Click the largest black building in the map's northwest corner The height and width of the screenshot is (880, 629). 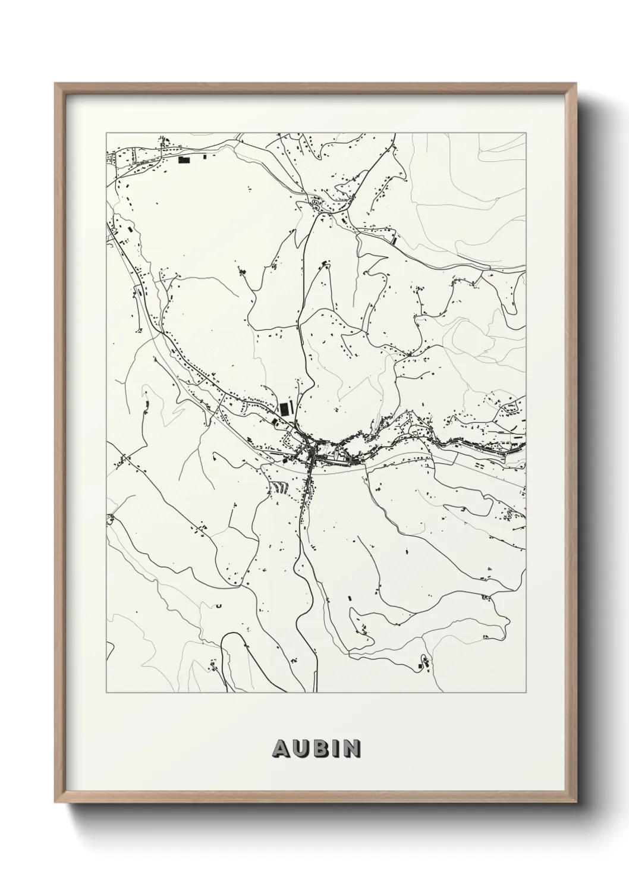pos(185,159)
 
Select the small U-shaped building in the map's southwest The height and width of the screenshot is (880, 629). pos(219,606)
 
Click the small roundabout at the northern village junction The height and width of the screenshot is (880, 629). pos(316,203)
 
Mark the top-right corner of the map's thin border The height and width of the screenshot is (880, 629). pos(526,133)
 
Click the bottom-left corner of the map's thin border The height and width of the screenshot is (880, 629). pos(106,692)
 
